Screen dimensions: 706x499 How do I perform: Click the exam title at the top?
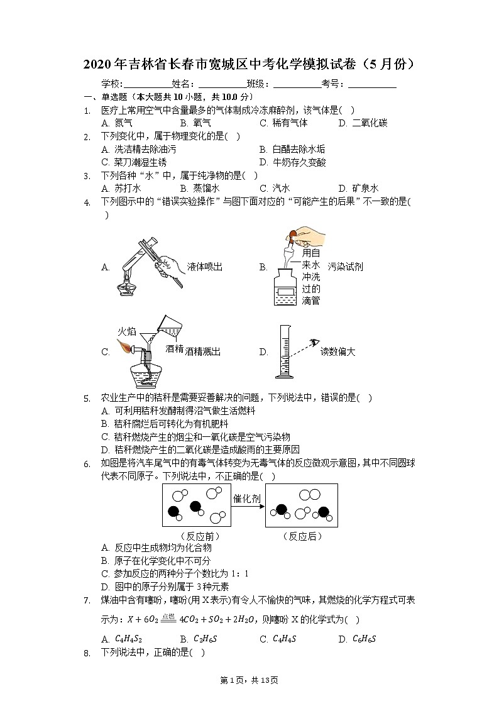[x=249, y=65]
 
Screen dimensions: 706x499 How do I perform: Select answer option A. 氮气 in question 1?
[x=116, y=123]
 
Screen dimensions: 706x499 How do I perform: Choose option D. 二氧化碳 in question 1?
[x=363, y=123]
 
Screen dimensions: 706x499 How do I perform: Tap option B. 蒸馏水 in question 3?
[x=199, y=188]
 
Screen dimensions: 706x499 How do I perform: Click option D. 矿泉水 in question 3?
[x=358, y=188]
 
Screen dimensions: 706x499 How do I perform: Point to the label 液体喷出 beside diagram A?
[x=205, y=267]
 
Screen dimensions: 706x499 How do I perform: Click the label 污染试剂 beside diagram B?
[x=345, y=267]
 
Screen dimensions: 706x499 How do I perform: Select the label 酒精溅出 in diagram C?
[x=203, y=352]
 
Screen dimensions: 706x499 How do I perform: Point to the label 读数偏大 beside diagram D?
[x=337, y=352]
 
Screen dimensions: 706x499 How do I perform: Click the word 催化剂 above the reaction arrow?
[x=247, y=499]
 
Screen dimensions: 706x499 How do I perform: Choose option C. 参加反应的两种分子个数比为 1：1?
[x=175, y=573]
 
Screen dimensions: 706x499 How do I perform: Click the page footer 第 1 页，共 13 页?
[x=249, y=680]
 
